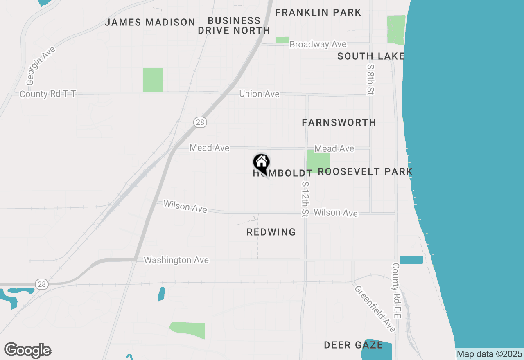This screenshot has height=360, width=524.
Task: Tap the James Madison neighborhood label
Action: pos(150,22)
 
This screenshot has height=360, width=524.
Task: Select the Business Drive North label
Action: pos(234,25)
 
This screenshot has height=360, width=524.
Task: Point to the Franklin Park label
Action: pos(318,13)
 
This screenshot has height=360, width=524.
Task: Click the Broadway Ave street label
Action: pos(318,44)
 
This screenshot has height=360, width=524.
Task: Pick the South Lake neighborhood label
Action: pos(371,56)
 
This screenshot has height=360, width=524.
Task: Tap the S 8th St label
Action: pos(370,79)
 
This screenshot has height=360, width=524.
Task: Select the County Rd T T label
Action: pos(48,94)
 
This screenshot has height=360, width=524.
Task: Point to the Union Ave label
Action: pos(259,94)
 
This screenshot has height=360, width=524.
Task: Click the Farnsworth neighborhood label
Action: pos(339,122)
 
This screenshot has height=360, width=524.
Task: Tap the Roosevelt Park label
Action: pos(365,171)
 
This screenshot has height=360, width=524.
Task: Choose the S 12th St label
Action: pos(305,199)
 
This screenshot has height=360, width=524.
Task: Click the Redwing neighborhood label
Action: pos(271,232)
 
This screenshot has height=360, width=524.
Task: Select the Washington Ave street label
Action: pos(176,260)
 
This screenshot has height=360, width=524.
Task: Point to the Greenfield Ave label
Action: pos(375,308)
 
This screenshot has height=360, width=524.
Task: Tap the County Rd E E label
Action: pos(396,290)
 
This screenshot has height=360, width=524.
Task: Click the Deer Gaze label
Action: pos(353,345)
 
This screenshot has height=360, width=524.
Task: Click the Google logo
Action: pos(27,351)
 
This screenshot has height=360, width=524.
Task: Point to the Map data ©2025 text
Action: pos(490,354)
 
